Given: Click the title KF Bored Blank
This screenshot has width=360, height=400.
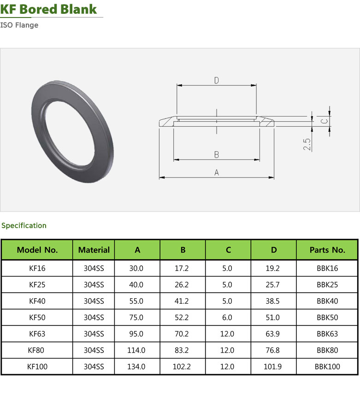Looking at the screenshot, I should pos(49,9).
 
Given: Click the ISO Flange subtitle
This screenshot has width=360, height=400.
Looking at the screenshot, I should pos(19,25).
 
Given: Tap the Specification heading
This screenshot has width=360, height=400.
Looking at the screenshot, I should pos(24,225).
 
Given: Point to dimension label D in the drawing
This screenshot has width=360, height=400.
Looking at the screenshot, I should pos(216,81).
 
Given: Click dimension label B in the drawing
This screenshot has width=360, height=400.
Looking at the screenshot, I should pos(216,155).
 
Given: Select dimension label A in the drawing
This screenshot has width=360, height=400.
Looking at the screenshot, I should pos(216,172).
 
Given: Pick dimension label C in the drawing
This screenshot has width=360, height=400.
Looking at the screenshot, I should pos(324,121).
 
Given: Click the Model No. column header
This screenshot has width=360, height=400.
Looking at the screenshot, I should pos(37,250).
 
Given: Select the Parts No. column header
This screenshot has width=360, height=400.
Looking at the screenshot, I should pos(327,250).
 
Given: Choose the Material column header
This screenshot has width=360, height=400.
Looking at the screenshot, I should pos(94,250).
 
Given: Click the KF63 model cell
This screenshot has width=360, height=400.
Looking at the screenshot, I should pos(37,334).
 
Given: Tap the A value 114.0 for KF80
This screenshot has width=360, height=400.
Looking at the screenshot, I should pos(136,350).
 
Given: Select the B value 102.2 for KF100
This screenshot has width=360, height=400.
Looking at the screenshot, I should pos(183,367).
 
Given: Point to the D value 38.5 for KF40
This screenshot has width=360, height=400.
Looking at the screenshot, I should pos(273,301).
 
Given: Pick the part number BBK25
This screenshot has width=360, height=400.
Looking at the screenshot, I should pos(327,285).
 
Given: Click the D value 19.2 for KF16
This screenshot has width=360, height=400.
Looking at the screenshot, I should pos(273,268).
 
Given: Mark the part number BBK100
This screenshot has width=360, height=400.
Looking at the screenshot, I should pos(327,367).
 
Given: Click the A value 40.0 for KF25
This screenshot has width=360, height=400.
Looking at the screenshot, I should pos(136,285).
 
